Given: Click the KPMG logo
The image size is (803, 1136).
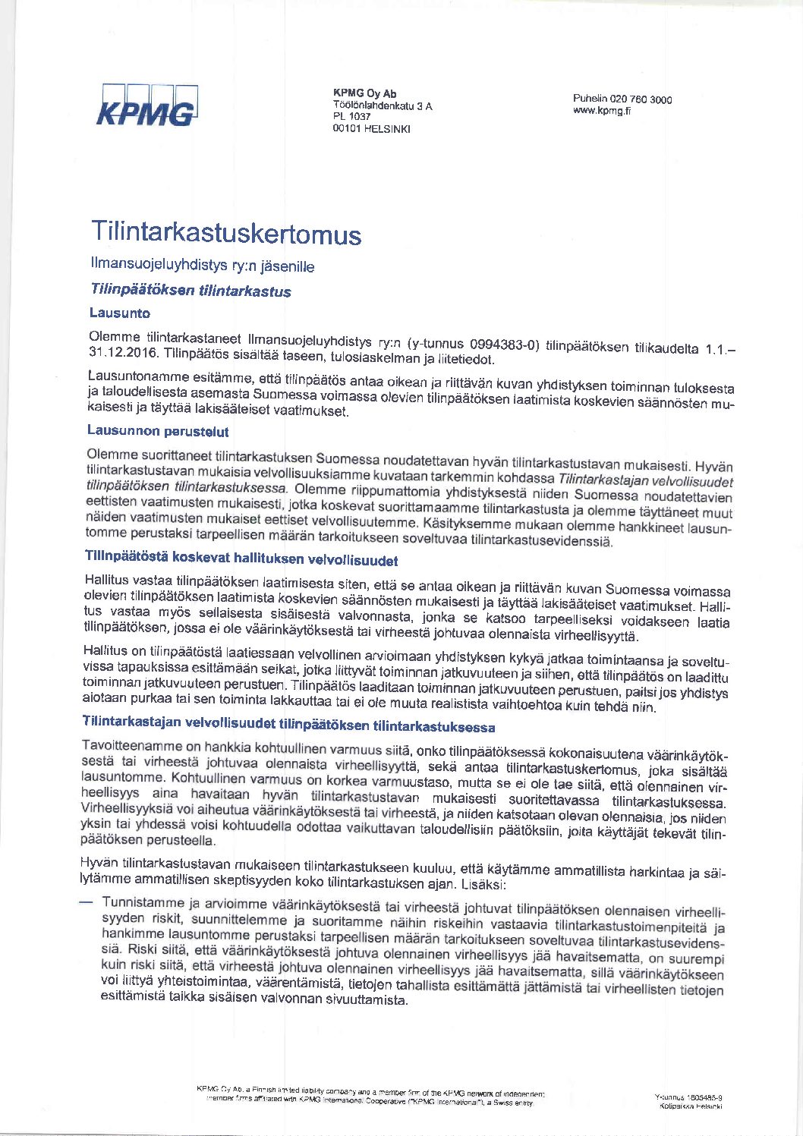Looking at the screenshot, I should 148,105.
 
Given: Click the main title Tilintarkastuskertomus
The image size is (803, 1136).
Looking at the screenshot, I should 226,232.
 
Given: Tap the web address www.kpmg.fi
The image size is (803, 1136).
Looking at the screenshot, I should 602,111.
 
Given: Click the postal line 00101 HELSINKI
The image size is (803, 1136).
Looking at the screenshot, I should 371,128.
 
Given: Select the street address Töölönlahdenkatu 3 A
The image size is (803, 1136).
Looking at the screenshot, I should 383,105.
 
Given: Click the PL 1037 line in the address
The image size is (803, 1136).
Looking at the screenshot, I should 351,117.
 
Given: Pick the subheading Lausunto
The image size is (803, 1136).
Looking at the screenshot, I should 119,313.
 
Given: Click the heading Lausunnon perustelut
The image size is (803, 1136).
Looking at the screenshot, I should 158,431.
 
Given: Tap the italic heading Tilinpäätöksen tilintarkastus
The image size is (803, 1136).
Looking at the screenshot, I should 191,290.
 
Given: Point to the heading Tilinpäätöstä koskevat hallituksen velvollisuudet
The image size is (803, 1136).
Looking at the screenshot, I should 241,559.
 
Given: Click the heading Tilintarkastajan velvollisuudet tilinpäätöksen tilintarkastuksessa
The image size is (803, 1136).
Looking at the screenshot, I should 288,723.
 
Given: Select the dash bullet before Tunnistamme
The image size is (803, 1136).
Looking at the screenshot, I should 87,902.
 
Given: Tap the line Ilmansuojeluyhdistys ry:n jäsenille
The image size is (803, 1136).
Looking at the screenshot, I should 202,265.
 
